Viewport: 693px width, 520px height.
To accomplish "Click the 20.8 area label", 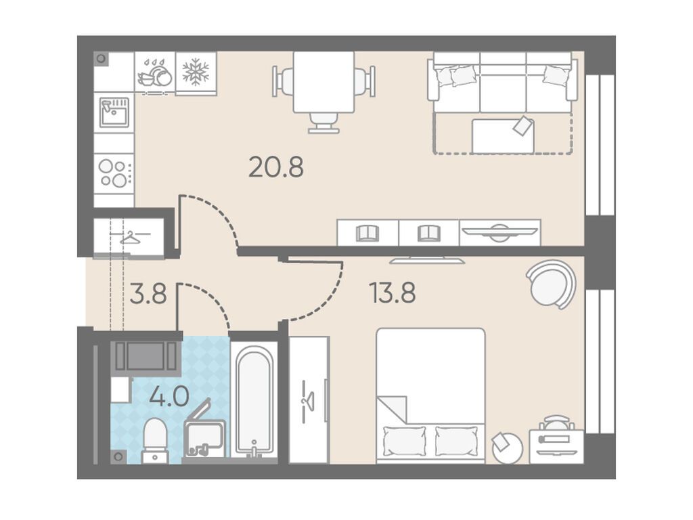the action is tap(276, 168).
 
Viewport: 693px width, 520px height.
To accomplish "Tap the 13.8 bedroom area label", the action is tap(393, 293).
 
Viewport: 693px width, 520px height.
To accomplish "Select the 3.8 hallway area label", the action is tap(148, 294).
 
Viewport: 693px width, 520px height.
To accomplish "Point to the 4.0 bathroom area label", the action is tap(169, 396).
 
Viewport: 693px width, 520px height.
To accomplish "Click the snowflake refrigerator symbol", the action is tap(196, 72).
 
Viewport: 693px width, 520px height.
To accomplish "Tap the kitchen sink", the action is tap(114, 112).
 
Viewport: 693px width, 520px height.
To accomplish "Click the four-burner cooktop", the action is tap(114, 173).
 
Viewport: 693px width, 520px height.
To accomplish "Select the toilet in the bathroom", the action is tap(155, 441).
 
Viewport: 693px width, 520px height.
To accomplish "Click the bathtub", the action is tap(254, 402).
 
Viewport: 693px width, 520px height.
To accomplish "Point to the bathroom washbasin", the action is tap(204, 438).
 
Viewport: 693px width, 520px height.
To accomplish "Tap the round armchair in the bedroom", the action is tap(551, 284).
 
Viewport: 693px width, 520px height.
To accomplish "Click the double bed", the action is tap(430, 395).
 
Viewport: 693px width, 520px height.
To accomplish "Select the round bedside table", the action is tap(507, 448).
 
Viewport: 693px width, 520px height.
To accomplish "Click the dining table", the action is tap(323, 82).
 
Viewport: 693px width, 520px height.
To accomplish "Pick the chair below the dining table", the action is tap(324, 123).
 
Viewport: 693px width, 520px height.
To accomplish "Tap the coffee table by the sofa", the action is tap(503, 135).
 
